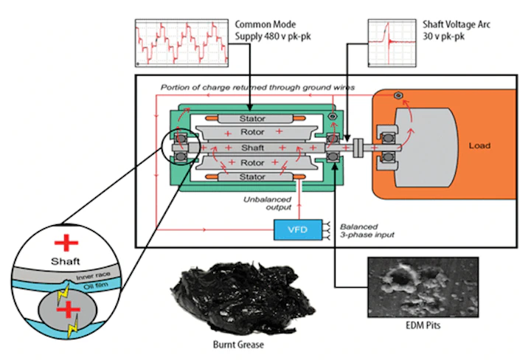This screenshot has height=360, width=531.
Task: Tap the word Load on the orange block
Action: click(479, 145)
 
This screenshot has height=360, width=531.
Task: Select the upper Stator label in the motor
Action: click(253, 118)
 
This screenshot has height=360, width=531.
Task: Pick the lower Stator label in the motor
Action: click(253, 177)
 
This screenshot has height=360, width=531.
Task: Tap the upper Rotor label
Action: click(253, 133)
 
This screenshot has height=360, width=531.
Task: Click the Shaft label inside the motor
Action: click(253, 148)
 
